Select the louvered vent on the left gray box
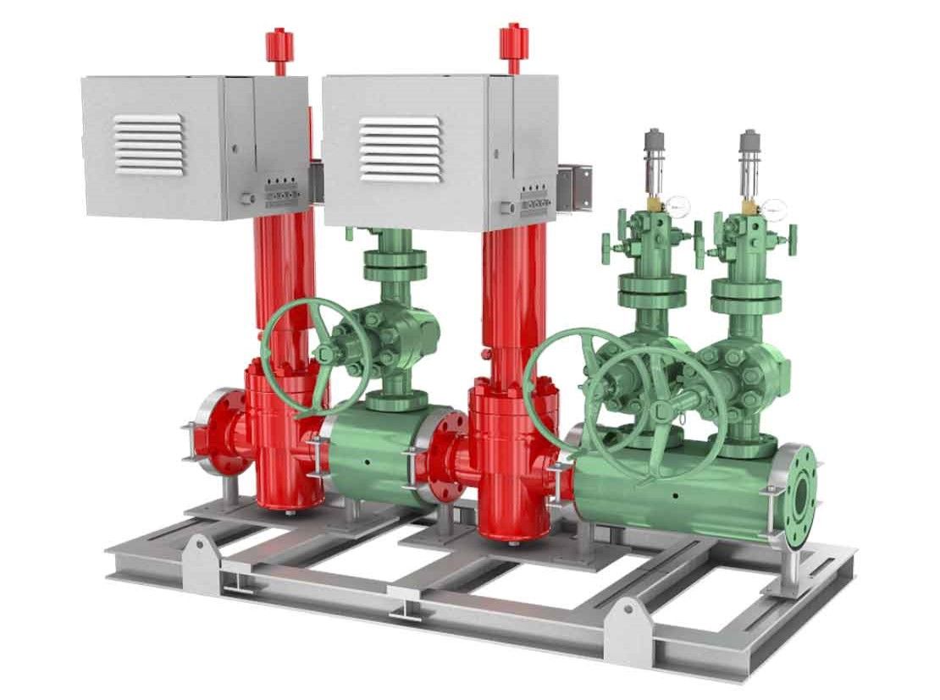click(149, 145)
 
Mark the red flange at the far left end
click(213, 432)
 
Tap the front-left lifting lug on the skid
click(200, 554)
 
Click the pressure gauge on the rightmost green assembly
click(775, 207)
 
